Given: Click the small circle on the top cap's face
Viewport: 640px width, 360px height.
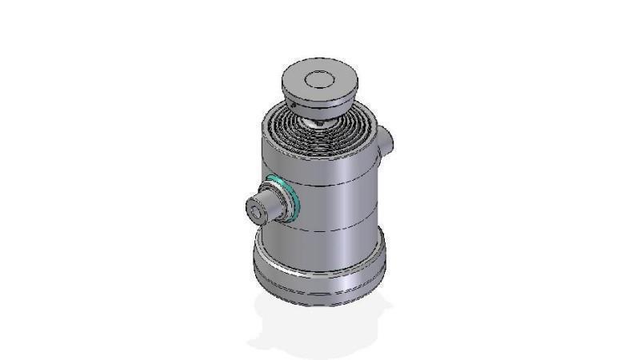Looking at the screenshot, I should tap(318, 78).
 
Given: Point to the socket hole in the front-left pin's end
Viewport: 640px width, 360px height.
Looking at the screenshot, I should tap(255, 212).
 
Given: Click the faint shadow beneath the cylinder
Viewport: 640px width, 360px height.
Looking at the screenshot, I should tap(320, 328).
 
